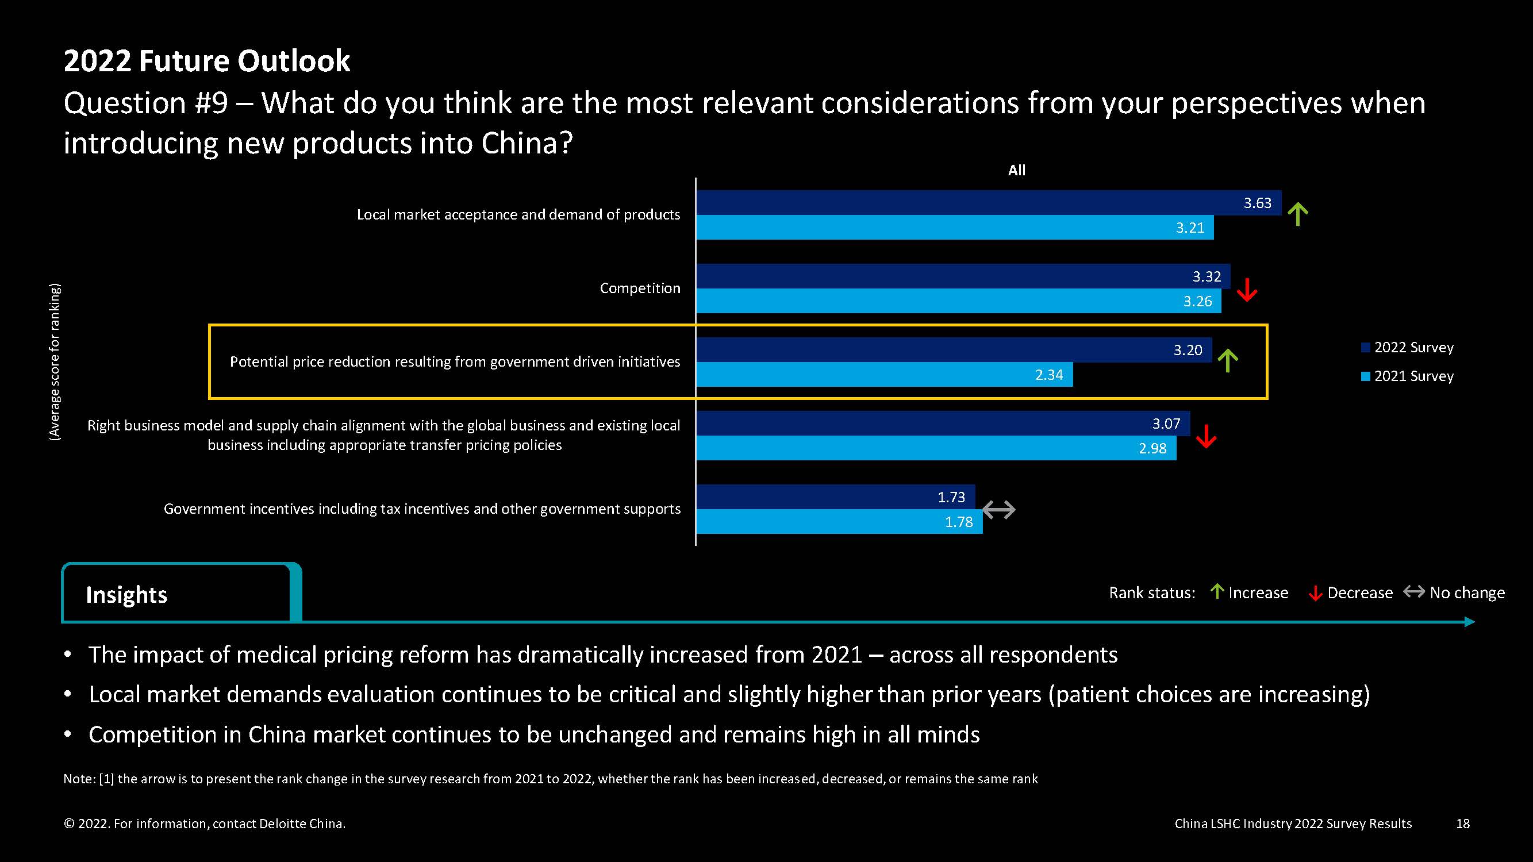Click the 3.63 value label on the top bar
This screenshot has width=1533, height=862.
pos(1257,203)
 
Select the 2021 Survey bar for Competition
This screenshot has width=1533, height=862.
pos(958,301)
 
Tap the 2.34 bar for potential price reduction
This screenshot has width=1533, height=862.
pos(884,375)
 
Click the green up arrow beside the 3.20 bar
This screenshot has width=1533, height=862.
pos(1227,360)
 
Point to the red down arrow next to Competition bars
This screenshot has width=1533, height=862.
pos(1246,290)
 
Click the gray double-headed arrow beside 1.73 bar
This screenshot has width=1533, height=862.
pos(998,509)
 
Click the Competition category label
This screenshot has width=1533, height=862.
pos(640,288)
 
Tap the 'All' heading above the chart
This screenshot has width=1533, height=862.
pos(1016,170)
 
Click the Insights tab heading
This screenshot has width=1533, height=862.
pos(127,594)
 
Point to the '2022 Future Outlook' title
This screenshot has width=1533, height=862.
pos(206,61)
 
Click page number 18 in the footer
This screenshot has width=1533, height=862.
pos(1463,823)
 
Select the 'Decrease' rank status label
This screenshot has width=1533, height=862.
pos(1359,592)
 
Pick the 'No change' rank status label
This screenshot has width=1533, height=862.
pos(1466,592)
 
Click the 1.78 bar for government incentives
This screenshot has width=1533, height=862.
pos(839,522)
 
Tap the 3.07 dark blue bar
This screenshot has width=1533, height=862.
pos(943,424)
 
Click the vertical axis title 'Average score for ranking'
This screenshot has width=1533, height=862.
pos(55,361)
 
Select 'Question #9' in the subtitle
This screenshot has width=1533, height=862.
pos(146,103)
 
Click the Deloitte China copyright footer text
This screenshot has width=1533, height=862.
pos(204,823)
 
